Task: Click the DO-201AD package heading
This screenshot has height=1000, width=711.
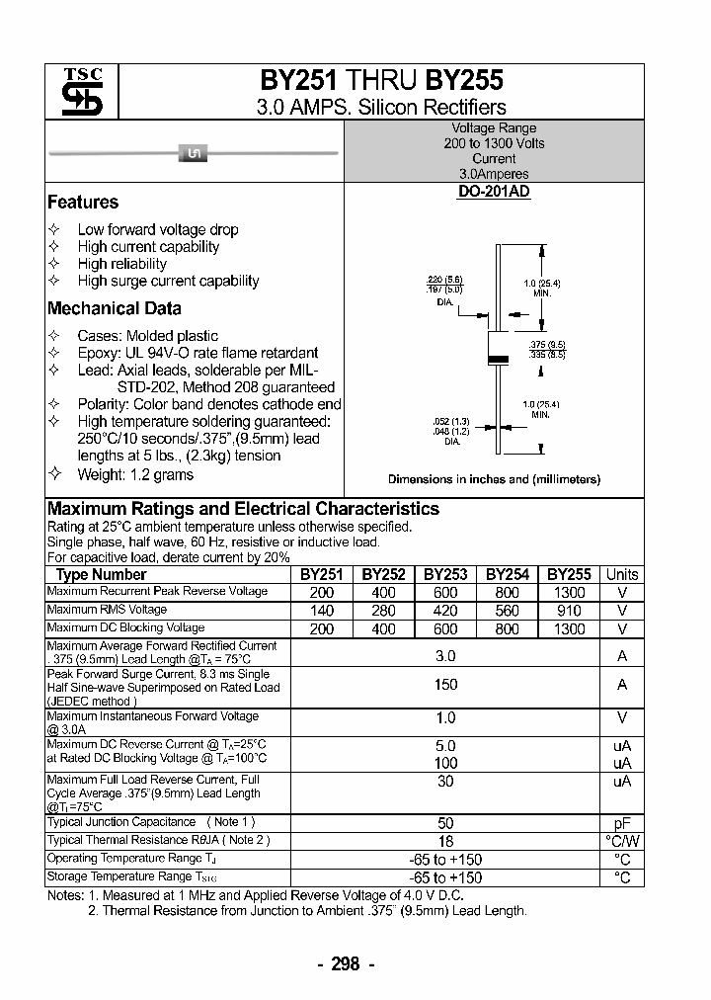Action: [x=494, y=192]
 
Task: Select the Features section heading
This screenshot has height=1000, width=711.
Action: [x=83, y=203]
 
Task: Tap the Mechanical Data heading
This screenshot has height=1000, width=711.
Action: [x=115, y=308]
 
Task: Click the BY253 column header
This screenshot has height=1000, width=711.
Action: [x=445, y=574]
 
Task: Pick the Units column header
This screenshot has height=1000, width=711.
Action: [x=622, y=574]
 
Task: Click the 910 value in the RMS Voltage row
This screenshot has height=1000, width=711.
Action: [x=569, y=611]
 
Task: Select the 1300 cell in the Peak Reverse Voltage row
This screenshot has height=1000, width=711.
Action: [x=569, y=592]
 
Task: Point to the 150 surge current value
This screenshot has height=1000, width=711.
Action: [x=445, y=684]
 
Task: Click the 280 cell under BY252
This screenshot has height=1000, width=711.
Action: [x=383, y=611]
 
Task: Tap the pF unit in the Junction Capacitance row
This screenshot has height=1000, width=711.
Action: [x=622, y=823]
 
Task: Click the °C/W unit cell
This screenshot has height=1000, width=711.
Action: [x=622, y=841]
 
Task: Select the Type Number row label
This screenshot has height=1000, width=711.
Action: [x=101, y=574]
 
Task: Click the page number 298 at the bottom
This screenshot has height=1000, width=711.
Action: [x=346, y=964]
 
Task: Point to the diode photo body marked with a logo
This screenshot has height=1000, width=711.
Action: [x=194, y=152]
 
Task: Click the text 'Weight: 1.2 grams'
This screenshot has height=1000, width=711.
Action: [x=135, y=474]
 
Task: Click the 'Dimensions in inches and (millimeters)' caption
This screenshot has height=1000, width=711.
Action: [x=494, y=479]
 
